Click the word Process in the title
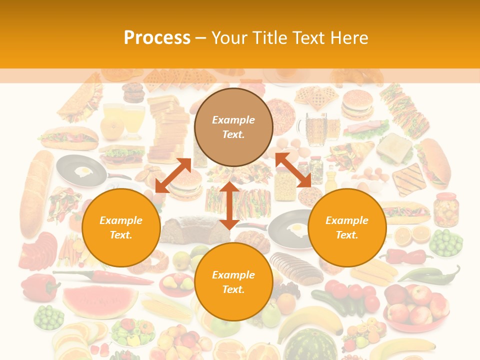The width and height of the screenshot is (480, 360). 157,38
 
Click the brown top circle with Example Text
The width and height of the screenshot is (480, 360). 233,127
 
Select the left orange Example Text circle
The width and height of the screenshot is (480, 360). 121,227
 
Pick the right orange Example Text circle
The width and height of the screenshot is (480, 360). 347,227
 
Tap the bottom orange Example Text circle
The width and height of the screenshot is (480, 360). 233,282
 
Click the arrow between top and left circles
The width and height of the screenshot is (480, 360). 173,175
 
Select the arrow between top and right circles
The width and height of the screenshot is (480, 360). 293,170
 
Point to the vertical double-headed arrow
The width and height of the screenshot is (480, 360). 229,205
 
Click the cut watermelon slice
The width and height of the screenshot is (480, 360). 100,300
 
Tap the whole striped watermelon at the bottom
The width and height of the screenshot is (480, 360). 310,345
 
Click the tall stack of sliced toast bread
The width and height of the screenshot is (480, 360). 167,127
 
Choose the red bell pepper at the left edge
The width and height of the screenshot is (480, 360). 37,287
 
